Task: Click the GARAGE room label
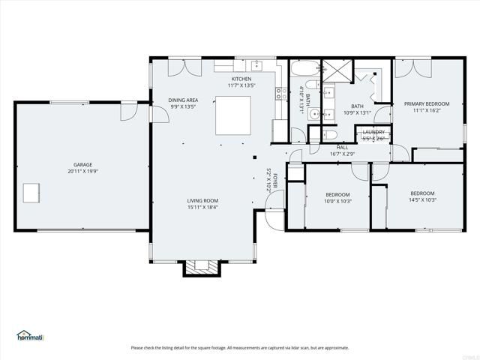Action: [82, 164]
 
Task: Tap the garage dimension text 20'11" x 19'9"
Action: [82, 171]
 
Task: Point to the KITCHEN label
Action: [241, 79]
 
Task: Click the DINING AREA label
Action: [183, 100]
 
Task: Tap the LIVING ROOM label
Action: [202, 200]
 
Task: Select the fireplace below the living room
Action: [200, 267]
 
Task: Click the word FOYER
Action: [275, 181]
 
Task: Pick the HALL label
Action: [342, 147]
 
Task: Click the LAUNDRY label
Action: [373, 132]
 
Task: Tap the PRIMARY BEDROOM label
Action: [427, 103]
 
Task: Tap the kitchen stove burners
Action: [280, 94]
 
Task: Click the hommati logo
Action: [31, 335]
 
